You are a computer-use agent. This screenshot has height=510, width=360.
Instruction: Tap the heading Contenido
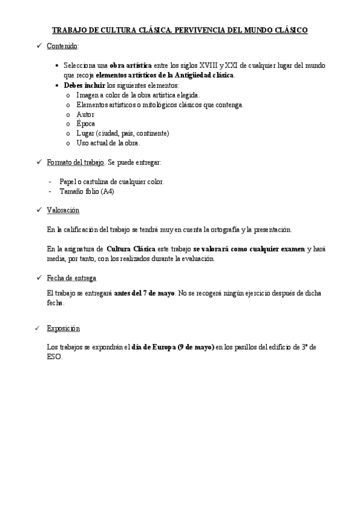63,46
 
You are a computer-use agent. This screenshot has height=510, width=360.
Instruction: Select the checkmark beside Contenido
38,46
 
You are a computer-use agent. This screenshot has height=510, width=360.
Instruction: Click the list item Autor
85,114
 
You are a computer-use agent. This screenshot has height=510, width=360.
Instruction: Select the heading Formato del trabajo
75,162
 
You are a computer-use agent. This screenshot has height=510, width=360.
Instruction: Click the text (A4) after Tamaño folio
107,191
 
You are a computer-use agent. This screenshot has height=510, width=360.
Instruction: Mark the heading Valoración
63,210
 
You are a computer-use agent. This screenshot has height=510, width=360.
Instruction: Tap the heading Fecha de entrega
71,278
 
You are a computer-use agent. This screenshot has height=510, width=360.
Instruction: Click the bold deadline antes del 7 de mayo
145,293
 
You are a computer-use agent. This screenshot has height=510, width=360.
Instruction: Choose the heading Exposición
63,328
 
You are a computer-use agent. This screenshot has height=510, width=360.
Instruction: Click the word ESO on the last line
54,357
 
